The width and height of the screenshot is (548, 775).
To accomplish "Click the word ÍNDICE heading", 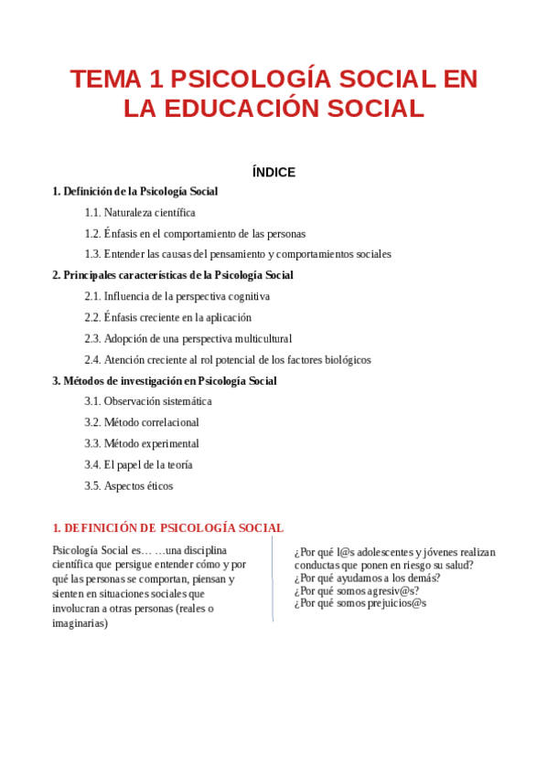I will [x=274, y=172].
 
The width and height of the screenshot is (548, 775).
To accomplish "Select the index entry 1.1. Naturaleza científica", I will [x=139, y=213].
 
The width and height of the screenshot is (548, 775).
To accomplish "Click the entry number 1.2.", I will [x=92, y=234].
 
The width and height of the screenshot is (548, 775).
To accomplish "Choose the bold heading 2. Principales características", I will [x=172, y=275].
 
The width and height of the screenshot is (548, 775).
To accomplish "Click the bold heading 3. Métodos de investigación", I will [x=164, y=381].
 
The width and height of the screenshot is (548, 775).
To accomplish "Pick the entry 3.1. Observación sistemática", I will [x=147, y=402].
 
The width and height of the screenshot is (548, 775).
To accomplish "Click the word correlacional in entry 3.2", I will [x=167, y=423].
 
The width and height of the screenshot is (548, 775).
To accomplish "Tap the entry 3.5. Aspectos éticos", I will [x=128, y=486].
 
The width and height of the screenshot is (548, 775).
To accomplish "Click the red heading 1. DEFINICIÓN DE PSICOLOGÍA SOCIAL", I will [x=167, y=528].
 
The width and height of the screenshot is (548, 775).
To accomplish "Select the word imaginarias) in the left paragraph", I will [x=80, y=623].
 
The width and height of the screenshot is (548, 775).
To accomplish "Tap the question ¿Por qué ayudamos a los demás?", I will [x=367, y=578].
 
